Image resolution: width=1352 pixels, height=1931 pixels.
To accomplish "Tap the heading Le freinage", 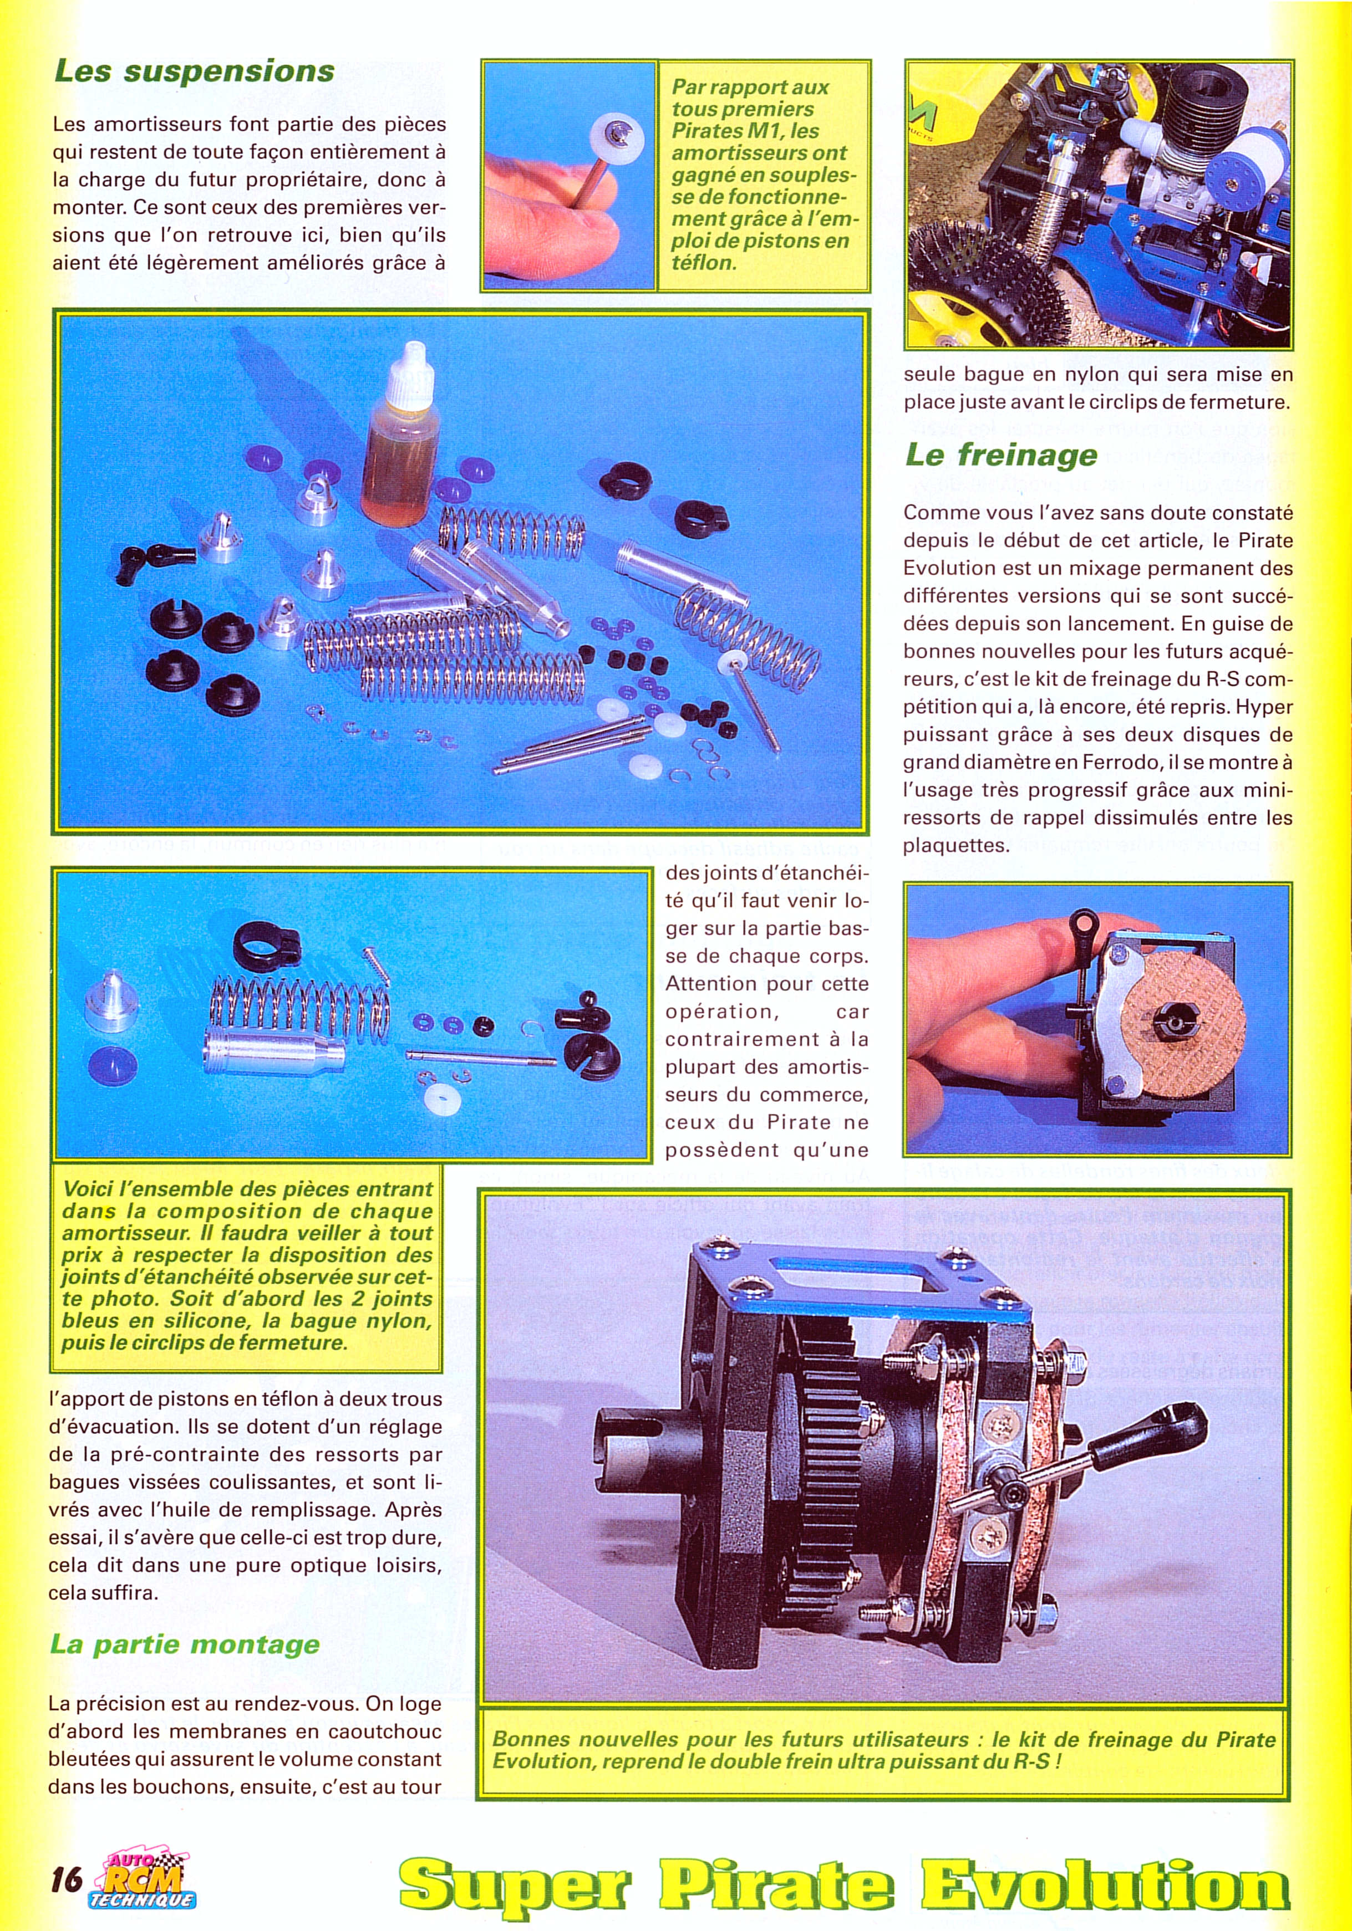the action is pos(1001,455).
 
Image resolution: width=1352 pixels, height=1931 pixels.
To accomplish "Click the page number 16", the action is pos(67,1878).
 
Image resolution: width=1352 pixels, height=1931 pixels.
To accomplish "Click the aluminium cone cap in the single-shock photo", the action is pos(110,998).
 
